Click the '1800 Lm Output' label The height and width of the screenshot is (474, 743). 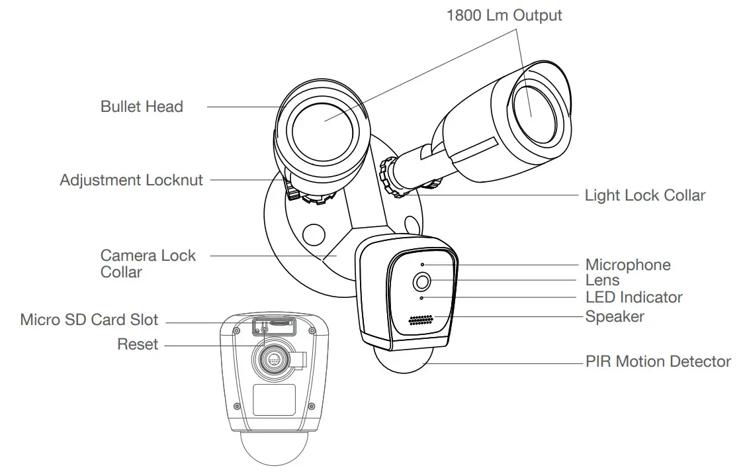click(504, 15)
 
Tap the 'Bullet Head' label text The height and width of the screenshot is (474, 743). click(142, 107)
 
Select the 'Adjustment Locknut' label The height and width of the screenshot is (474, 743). click(131, 180)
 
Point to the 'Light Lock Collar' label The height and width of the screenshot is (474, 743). click(644, 196)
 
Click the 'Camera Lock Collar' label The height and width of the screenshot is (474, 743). click(148, 263)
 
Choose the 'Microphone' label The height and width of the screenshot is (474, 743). click(627, 265)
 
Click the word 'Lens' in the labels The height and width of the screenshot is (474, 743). click(602, 281)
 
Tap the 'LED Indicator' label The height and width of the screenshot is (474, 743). click(633, 298)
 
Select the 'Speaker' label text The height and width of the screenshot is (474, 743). click(614, 317)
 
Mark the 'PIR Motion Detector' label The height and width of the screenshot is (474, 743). click(658, 362)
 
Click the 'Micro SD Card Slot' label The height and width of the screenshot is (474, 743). click(89, 320)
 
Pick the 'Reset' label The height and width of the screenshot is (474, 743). click(138, 344)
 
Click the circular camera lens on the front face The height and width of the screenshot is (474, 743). click(422, 282)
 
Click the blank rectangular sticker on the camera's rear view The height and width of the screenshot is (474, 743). click(273, 400)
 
